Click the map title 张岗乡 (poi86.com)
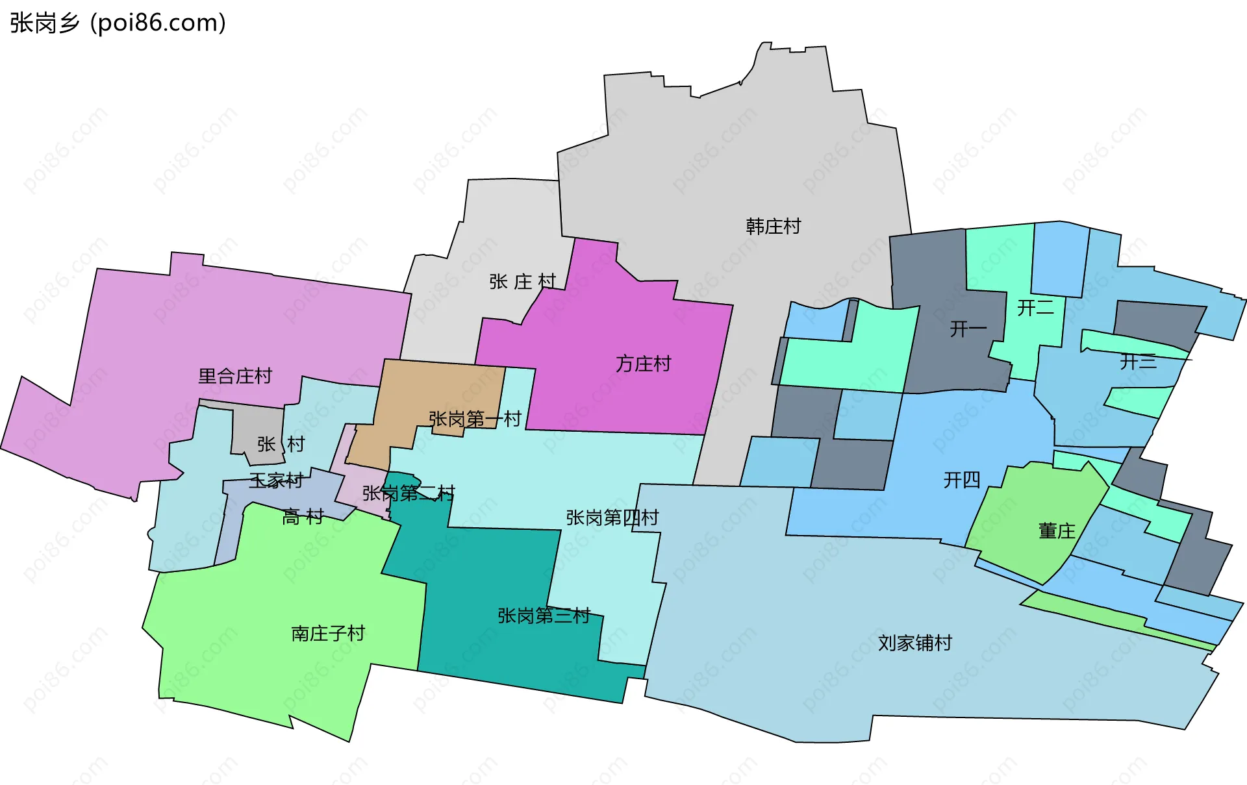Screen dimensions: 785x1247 tap(118, 23)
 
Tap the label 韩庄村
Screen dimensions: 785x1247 tap(773, 227)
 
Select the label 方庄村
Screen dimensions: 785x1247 tap(643, 364)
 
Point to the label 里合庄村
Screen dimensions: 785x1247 tap(234, 376)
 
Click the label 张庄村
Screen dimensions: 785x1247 tap(523, 282)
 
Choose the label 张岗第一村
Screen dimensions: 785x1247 tap(475, 419)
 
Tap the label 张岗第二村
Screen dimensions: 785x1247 tap(408, 494)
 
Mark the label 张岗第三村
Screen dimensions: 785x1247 tap(544, 616)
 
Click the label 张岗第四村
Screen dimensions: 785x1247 tap(612, 517)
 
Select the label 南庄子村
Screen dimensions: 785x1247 tap(328, 633)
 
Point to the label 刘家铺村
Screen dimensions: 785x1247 tap(914, 643)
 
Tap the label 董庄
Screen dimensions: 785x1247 tap(1057, 531)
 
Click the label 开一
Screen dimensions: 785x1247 tap(968, 329)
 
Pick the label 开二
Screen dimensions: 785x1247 tap(1035, 308)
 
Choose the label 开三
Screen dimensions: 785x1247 tap(1138, 362)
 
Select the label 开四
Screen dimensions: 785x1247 tap(961, 480)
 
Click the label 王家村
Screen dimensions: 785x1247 tap(276, 480)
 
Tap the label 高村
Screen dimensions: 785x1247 tap(303, 517)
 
